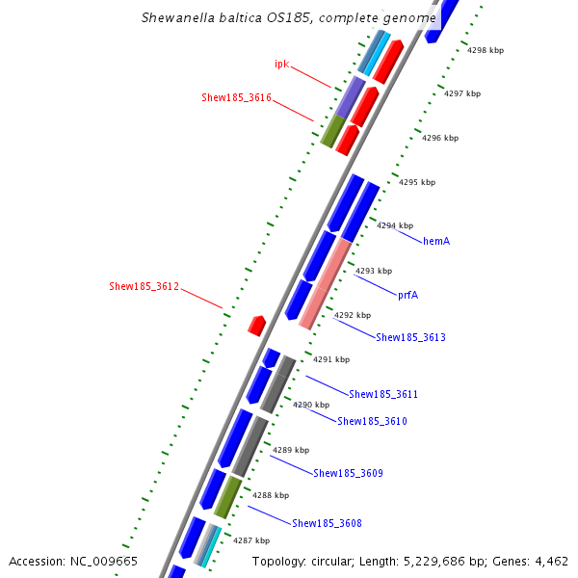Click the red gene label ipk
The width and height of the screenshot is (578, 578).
coord(281,65)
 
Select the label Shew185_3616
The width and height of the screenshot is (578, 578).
coord(236,98)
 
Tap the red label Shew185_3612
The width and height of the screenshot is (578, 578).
coord(144,286)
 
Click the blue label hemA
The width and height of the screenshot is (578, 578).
coord(436,241)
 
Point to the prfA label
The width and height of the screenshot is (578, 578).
coord(407,295)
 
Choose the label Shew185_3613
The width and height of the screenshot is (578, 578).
coord(410,337)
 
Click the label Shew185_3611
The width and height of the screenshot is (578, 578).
coord(383,394)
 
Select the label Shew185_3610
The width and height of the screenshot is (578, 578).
coord(372,421)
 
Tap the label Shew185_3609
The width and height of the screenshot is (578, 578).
coord(348,473)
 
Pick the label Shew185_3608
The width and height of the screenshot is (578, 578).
coord(327,523)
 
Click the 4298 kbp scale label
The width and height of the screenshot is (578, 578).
coord(486,50)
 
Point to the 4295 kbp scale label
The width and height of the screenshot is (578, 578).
coord(417,182)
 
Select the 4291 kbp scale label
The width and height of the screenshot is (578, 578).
coord(330,359)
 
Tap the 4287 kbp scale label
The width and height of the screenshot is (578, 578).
coord(251,541)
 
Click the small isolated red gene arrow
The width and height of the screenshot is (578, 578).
coord(256,325)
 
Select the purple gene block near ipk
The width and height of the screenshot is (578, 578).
coord(350,97)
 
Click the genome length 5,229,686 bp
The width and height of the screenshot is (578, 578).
coord(452,562)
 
